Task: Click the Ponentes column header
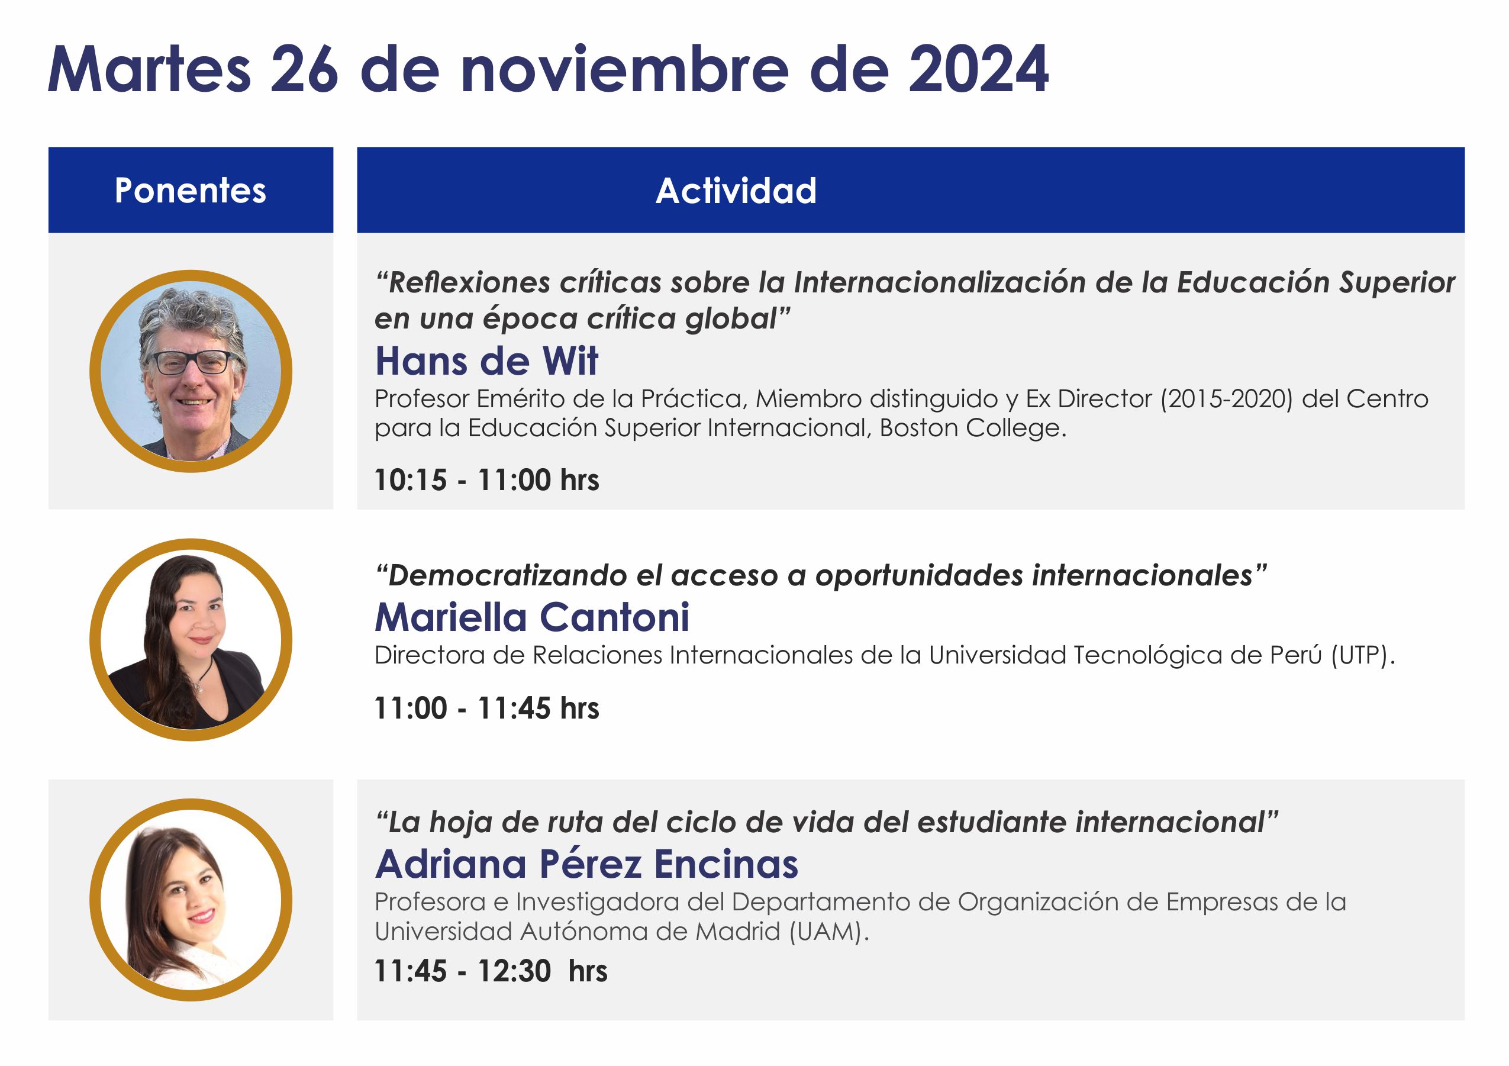(x=191, y=191)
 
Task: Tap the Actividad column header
(x=736, y=191)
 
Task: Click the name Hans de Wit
(x=487, y=361)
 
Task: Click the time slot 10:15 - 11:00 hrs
(x=487, y=480)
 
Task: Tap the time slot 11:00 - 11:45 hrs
(x=487, y=708)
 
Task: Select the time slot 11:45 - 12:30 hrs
(x=491, y=971)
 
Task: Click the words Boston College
(x=973, y=429)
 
